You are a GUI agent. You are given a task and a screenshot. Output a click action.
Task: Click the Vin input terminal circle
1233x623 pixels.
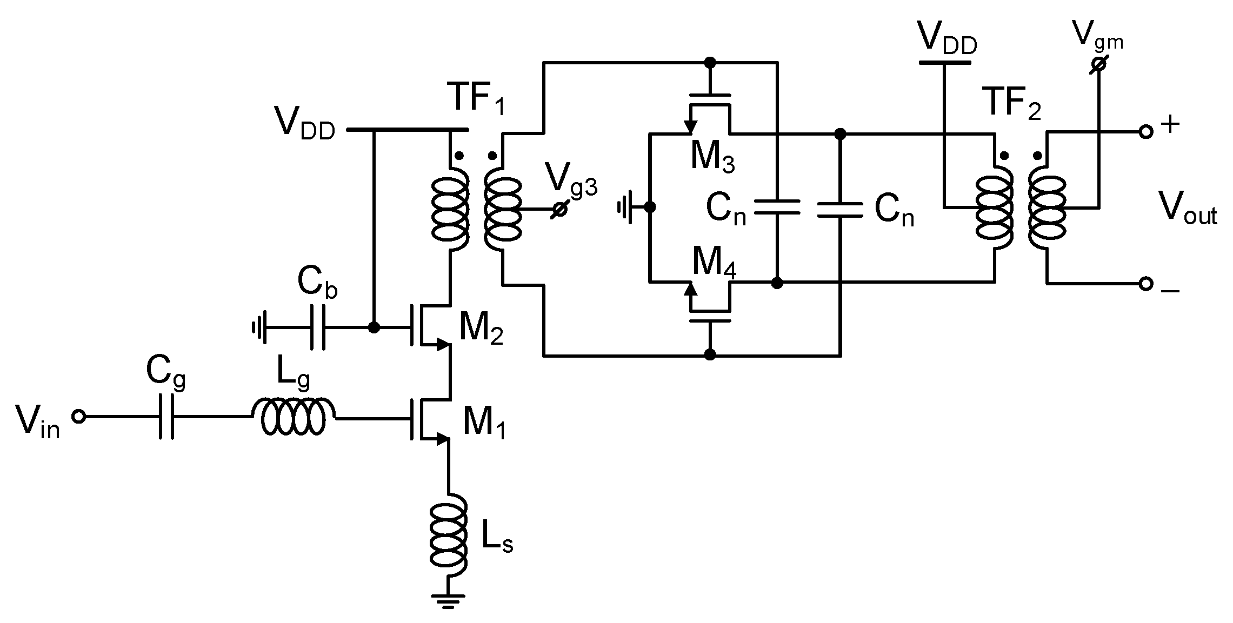tap(79, 417)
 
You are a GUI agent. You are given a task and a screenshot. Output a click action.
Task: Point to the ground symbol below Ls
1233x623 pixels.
tap(448, 600)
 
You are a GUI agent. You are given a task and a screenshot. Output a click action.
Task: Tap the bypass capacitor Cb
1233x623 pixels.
tap(317, 327)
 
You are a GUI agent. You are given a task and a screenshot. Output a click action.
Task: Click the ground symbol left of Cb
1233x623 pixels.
tap(258, 327)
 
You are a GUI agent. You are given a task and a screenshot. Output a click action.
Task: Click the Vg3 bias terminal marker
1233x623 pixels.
tap(559, 209)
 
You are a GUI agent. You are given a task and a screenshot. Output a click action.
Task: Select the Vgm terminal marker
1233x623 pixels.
tap(1098, 64)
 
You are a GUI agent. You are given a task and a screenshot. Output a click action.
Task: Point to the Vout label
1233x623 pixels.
tap(1187, 208)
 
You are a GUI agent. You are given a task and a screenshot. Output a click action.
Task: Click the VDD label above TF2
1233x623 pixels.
tap(948, 39)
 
